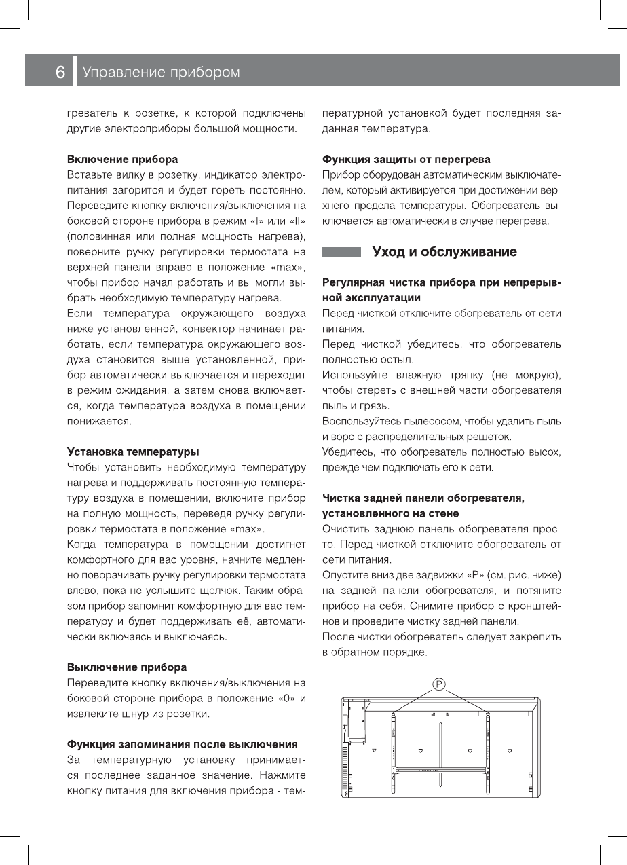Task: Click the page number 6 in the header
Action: pos(60,72)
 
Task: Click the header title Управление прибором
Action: pos(161,72)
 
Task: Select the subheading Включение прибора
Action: pos(122,160)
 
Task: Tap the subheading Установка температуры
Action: pos(132,451)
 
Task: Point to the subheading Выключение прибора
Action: pos(126,667)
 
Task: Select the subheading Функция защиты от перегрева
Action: pos(406,160)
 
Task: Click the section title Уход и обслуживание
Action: pos(444,253)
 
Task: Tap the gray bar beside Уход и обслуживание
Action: pos(341,253)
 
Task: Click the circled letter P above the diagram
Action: pos(439,684)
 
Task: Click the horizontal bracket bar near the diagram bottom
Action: pos(440,771)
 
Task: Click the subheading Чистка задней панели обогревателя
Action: pos(423,499)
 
